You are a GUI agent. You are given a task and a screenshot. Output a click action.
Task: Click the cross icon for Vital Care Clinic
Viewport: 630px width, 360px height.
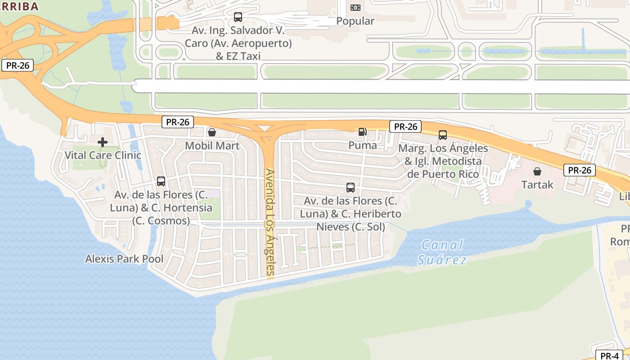(103, 142)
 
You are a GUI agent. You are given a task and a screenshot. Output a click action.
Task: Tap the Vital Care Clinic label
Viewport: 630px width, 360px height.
(103, 155)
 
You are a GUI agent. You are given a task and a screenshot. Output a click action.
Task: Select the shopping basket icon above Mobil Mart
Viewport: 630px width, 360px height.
(212, 132)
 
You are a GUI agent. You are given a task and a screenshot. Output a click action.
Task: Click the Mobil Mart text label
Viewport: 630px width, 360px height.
(212, 146)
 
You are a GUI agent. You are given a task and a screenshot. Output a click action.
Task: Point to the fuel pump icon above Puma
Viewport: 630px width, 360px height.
(362, 132)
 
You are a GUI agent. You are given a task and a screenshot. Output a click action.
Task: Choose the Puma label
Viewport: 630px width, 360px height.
(362, 145)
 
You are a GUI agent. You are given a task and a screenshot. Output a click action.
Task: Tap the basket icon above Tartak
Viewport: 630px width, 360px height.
(537, 171)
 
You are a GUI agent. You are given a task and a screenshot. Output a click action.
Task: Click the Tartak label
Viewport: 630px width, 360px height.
(537, 184)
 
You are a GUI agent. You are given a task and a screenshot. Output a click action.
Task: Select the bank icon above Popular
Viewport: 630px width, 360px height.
(355, 8)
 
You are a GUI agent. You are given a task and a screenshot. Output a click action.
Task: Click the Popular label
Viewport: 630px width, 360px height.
(355, 21)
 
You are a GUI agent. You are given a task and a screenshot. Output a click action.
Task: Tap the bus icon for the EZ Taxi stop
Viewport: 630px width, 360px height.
(238, 17)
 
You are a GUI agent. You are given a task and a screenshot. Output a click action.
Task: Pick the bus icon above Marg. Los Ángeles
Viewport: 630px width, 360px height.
(443, 135)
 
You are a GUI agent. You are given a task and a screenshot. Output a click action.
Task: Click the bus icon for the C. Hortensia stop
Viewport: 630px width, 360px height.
(161, 181)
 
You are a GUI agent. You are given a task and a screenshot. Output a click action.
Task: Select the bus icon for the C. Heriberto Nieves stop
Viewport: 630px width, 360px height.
(351, 187)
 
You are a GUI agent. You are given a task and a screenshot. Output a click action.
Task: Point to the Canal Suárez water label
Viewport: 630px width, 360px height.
(442, 252)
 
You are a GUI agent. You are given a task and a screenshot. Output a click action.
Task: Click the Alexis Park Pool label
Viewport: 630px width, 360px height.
(124, 259)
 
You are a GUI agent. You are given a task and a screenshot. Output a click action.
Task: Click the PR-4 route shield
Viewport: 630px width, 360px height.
(609, 355)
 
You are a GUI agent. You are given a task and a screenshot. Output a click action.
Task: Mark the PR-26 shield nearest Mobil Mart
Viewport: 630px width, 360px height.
(178, 122)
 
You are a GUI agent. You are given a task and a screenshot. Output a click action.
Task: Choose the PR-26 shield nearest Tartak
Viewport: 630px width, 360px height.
(579, 170)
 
